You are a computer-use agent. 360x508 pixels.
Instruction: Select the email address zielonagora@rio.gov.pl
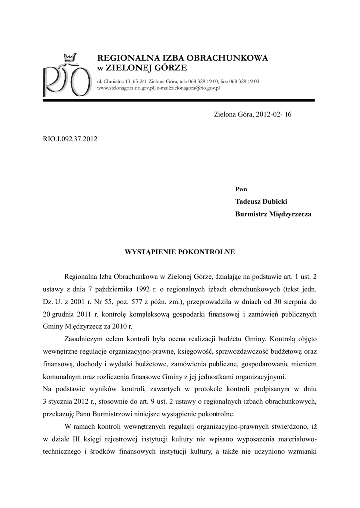point(195,88)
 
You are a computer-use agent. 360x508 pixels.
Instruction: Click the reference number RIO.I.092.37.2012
point(70,139)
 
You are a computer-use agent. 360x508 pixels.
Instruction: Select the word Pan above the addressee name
point(241,189)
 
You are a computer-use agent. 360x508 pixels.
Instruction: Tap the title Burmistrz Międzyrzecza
point(273,214)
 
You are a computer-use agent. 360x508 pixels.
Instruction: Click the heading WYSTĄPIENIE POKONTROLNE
point(179,252)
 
